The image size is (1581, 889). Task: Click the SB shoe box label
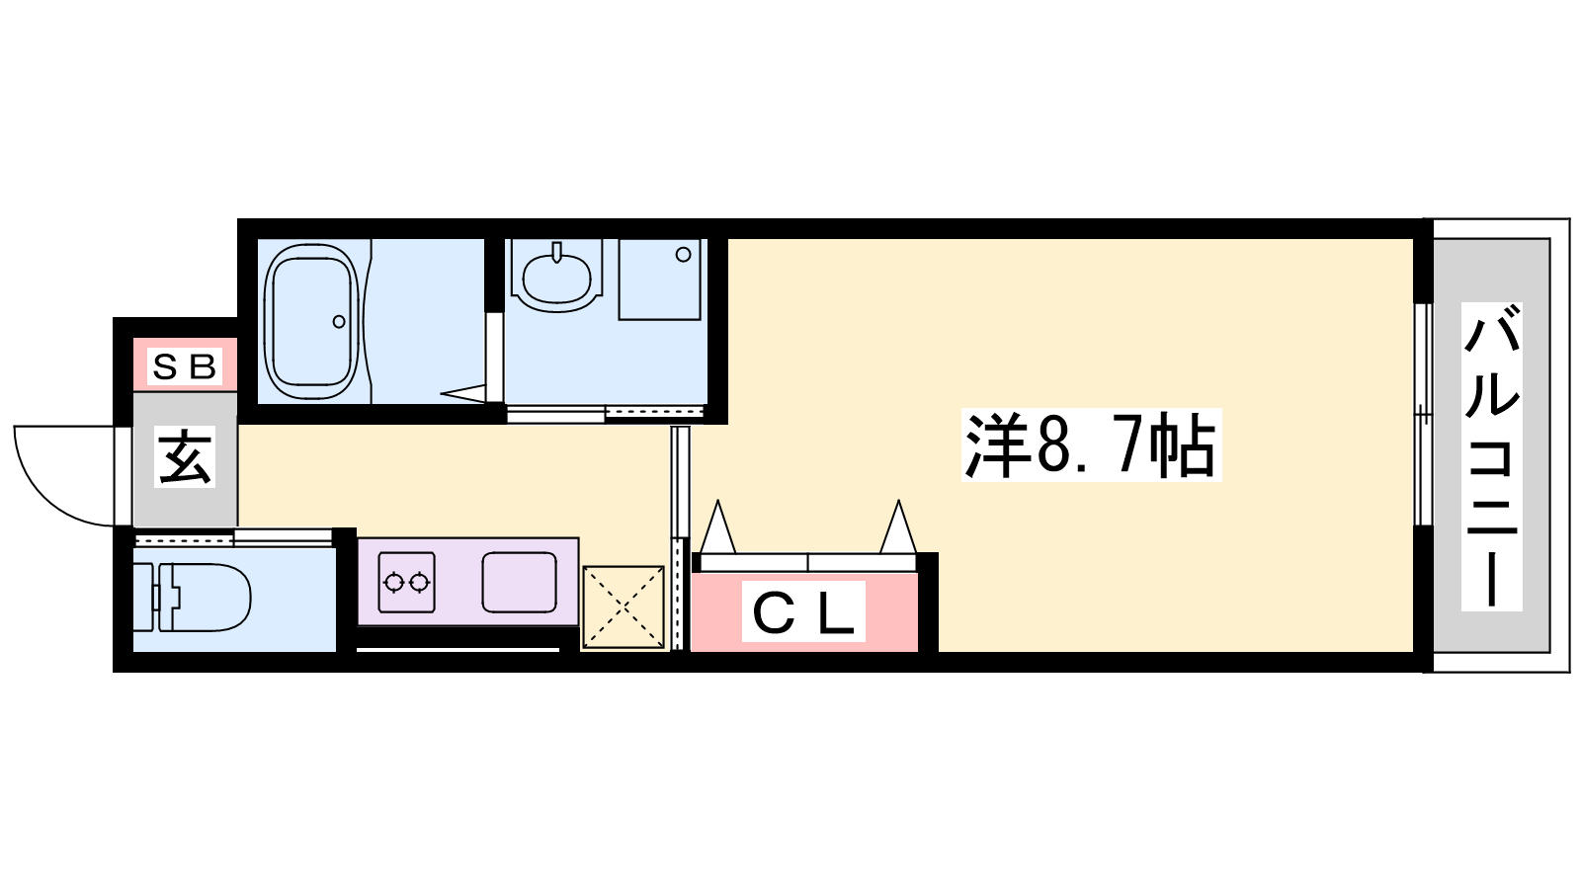point(184,366)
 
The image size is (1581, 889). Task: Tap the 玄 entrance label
point(185,458)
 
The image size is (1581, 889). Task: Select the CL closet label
point(803,611)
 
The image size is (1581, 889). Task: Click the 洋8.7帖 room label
point(1091,445)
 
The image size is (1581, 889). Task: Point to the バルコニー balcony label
point(1491,456)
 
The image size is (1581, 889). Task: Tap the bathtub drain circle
point(339,322)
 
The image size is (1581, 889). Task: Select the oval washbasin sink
point(557,276)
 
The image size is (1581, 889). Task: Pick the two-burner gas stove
point(406,582)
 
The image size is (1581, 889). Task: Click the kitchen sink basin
point(520,582)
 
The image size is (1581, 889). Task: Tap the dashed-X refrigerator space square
point(624,606)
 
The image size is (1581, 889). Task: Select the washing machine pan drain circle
point(683,255)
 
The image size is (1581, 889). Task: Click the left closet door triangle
point(717,526)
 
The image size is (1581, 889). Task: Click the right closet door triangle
point(898,526)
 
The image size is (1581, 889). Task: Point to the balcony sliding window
point(1424,415)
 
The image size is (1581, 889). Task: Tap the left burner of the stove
point(394,583)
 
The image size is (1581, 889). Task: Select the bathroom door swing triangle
point(463,393)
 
